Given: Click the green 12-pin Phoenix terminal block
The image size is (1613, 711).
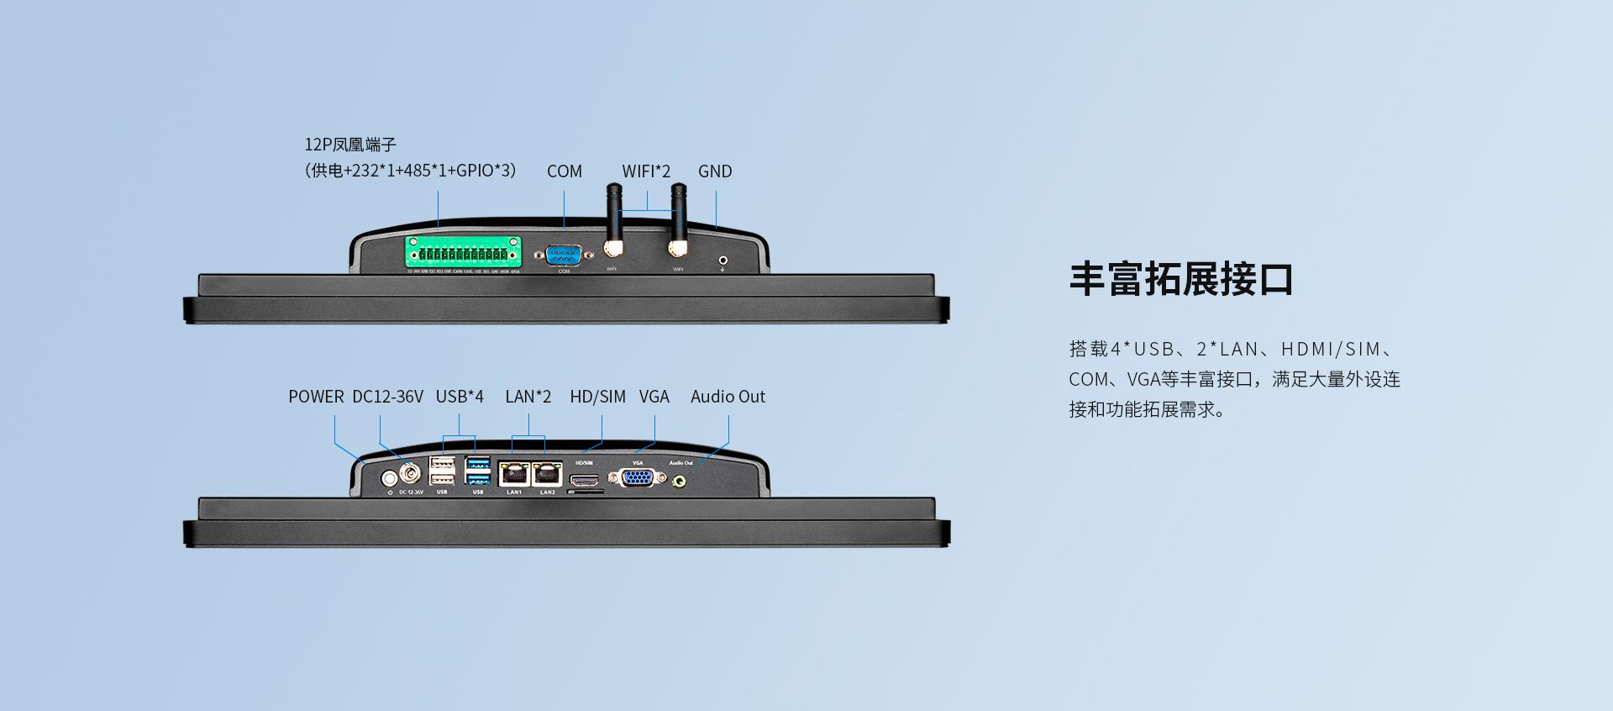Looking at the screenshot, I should click(463, 252).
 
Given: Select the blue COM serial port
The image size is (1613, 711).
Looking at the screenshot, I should click(564, 255).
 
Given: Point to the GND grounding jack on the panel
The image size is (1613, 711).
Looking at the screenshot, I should click(722, 261).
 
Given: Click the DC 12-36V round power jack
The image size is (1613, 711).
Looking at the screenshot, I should click(411, 473).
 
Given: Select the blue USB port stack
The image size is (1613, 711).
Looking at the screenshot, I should click(477, 471).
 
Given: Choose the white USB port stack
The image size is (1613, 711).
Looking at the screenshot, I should click(442, 471).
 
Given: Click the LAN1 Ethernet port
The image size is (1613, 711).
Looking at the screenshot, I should click(513, 474).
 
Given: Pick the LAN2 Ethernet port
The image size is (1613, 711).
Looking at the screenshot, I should click(548, 474).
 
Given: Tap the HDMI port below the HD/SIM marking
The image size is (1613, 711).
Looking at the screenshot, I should click(586, 481).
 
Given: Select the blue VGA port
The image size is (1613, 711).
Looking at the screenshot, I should click(638, 477).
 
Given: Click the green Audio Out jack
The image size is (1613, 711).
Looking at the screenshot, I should click(680, 482).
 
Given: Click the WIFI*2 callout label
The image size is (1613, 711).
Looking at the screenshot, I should click(646, 171).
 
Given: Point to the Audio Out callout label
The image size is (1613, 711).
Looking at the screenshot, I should click(728, 397).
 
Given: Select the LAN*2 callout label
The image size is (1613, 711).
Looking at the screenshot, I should click(528, 397).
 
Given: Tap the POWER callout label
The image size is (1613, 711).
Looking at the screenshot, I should click(316, 397).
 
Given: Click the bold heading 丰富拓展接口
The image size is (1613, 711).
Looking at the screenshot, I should click(1180, 279).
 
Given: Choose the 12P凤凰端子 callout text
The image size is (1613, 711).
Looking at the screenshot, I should click(350, 145).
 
